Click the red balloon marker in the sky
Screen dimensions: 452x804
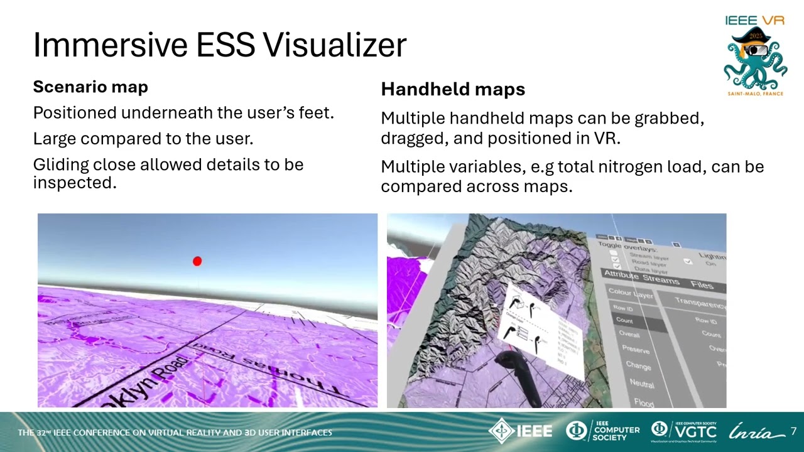tap(197, 261)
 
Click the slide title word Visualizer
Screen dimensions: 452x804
tap(334, 45)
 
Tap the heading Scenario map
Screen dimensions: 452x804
tap(90, 87)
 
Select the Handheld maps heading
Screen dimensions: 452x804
tap(453, 89)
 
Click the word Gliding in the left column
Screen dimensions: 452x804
tap(61, 164)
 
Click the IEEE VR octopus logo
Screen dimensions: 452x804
tap(755, 60)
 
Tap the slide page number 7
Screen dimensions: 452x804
tap(793, 431)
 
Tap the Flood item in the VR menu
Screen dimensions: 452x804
tap(644, 402)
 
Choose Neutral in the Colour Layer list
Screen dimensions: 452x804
tap(641, 383)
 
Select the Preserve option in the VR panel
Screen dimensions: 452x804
tap(636, 349)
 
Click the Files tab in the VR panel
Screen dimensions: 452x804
tap(702, 285)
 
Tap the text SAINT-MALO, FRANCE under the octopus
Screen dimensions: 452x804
tap(755, 94)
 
